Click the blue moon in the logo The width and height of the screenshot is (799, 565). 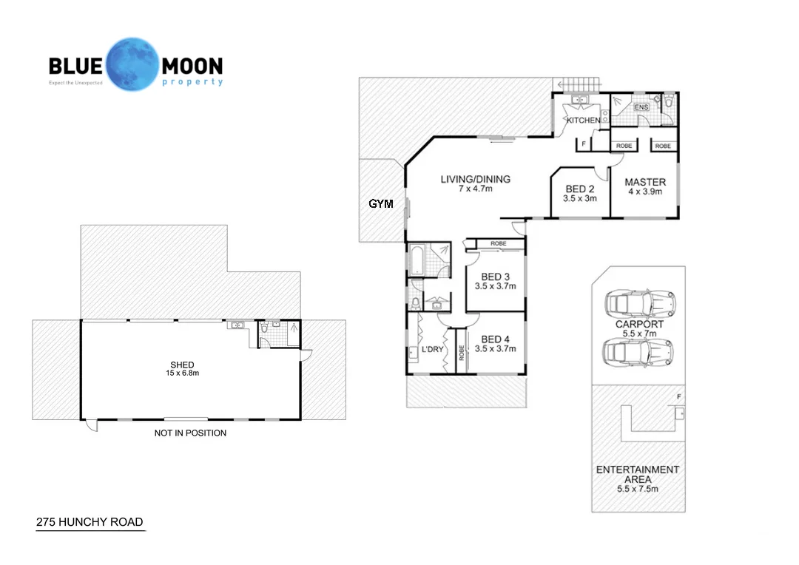pos(133,64)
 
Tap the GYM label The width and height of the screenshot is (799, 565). pos(381,204)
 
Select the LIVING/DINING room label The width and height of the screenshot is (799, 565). pos(476,179)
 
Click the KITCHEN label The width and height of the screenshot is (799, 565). pos(584,121)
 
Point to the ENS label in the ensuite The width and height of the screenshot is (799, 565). pos(641,107)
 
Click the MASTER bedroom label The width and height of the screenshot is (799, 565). pos(645,182)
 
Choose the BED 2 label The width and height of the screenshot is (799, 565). pos(580,189)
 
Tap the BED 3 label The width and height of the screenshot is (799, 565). pos(495,277)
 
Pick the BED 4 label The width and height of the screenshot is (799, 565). pos(495,339)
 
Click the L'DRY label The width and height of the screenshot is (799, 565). pos(433,350)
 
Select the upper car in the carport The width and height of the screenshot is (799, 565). pos(640,304)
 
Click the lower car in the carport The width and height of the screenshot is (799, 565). pos(638,352)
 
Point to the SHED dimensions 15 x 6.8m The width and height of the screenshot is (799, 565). pos(183,373)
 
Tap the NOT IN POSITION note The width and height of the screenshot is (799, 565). pos(191,433)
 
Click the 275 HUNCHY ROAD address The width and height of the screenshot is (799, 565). pos(90,522)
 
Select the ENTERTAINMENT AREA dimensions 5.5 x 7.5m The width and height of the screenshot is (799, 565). pos(638,489)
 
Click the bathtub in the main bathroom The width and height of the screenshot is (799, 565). pos(417,261)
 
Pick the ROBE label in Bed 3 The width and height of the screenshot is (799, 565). pos(499,243)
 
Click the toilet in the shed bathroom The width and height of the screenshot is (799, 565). pos(264,328)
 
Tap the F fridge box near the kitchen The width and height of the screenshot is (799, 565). pos(584,145)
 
